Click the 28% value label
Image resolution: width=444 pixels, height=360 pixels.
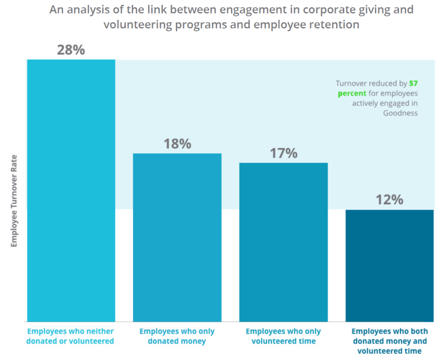tap(71, 50)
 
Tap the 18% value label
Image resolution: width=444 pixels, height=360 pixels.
tap(177, 144)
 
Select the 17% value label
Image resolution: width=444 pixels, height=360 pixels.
tap(284, 153)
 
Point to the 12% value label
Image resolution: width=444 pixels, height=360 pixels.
tap(389, 200)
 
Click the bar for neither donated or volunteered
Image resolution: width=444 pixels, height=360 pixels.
tap(71, 191)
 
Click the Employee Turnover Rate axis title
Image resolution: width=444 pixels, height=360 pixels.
tap(14, 201)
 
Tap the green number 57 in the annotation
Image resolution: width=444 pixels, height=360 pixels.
tap(413, 83)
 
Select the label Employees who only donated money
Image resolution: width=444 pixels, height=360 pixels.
tap(177, 336)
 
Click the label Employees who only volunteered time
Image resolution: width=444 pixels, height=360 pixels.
tap(284, 336)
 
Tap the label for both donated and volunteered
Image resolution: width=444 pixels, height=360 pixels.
tap(389, 341)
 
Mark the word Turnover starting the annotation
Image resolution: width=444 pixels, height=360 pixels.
tap(350, 83)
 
